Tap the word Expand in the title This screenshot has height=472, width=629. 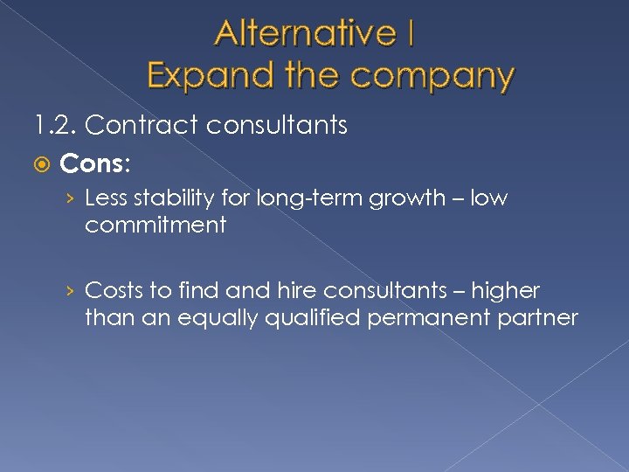click(x=205, y=75)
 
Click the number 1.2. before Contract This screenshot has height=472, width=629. click(x=56, y=126)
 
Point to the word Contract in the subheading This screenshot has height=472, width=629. click(x=142, y=126)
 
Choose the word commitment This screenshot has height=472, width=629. click(x=156, y=225)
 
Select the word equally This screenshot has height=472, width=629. click(x=223, y=317)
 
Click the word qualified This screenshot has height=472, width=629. click(x=318, y=317)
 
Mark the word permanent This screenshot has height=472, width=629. click(x=425, y=317)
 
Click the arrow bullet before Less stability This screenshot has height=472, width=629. click(x=73, y=199)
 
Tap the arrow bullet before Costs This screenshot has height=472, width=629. click(x=73, y=291)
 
